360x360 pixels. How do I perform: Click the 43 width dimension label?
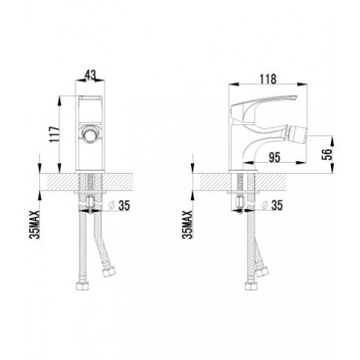(90, 75)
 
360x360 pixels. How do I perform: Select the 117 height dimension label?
(55, 134)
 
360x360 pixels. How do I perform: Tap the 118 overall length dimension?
(268, 79)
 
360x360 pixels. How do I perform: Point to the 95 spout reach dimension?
(274, 157)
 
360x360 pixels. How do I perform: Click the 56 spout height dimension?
(327, 154)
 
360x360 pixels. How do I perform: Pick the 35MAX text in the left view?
(35, 224)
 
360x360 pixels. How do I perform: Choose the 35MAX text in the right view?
(188, 224)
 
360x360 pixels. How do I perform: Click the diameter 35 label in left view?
(119, 205)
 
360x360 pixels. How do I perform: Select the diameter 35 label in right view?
(273, 205)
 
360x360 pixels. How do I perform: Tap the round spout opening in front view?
(90, 134)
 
